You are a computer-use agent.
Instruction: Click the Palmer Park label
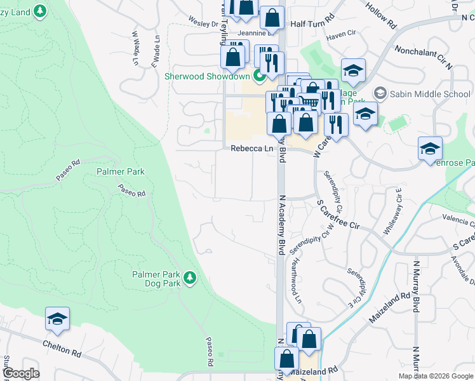(x=121, y=171)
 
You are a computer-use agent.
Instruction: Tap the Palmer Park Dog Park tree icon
(x=189, y=277)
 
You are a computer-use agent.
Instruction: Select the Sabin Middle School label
(x=431, y=95)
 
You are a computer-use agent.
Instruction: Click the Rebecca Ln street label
(x=251, y=149)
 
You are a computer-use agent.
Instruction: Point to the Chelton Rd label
(x=64, y=346)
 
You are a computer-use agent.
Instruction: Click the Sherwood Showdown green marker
(x=259, y=77)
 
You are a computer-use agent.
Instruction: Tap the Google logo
(x=21, y=373)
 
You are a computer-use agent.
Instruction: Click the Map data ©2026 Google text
(x=435, y=376)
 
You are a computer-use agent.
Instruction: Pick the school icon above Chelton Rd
(x=57, y=319)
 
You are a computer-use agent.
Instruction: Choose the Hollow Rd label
(x=380, y=14)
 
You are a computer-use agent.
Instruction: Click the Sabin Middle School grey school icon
(x=380, y=94)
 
